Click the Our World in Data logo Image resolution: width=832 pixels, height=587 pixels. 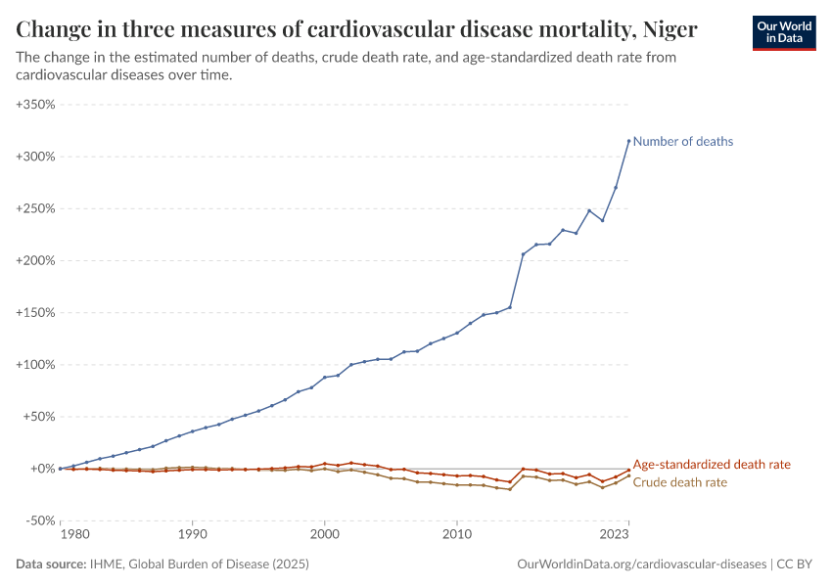coord(784,32)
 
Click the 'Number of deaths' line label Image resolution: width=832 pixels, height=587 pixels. coord(682,142)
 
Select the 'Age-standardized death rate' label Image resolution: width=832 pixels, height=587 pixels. coord(712,465)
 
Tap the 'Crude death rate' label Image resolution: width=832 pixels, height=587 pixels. coord(680,482)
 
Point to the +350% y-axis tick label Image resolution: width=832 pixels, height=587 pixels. coord(35,104)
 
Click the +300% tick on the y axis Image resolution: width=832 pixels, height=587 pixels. coord(35,157)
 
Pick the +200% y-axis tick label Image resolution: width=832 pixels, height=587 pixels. coord(35,260)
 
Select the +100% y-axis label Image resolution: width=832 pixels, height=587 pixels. coord(35,365)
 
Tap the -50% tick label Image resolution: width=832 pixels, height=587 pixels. coord(39,520)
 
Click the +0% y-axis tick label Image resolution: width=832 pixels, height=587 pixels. coord(41,469)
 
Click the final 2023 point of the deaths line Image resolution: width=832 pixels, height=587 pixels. coord(628,141)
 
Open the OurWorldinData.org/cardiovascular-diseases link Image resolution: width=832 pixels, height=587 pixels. coord(640,564)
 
